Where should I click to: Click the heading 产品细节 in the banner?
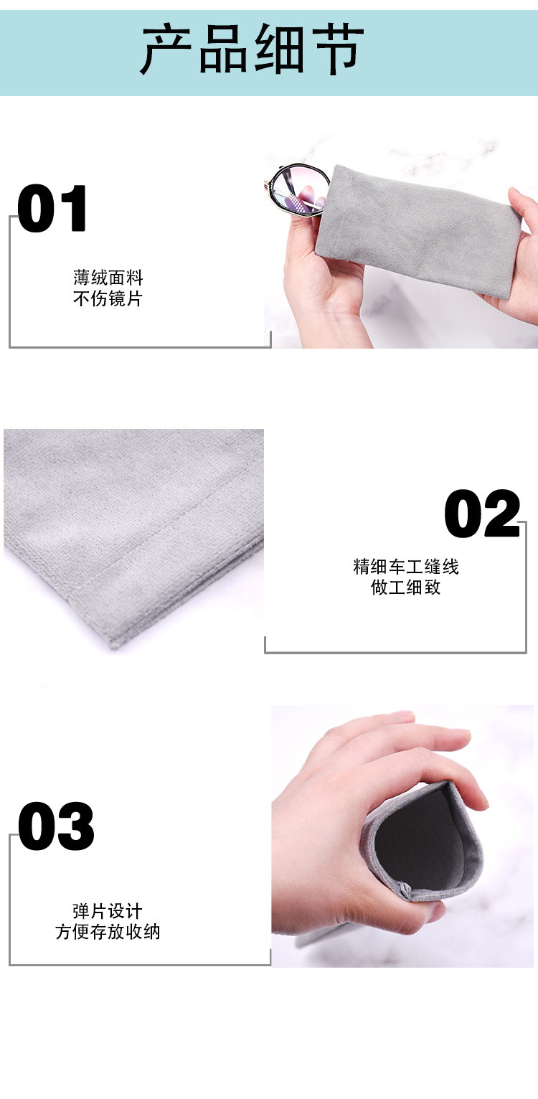pos(252,49)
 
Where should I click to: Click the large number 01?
pos(52,209)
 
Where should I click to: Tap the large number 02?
pos(482,514)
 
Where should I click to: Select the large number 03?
pos(56,826)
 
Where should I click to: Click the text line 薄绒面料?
pos(108,278)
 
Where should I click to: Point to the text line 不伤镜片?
pos(108,298)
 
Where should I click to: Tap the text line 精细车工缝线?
pos(406,567)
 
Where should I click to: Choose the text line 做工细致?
pos(406,588)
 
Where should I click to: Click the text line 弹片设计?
pos(108,911)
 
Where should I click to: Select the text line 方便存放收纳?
pos(108,932)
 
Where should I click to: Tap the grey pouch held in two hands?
pos(416,230)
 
